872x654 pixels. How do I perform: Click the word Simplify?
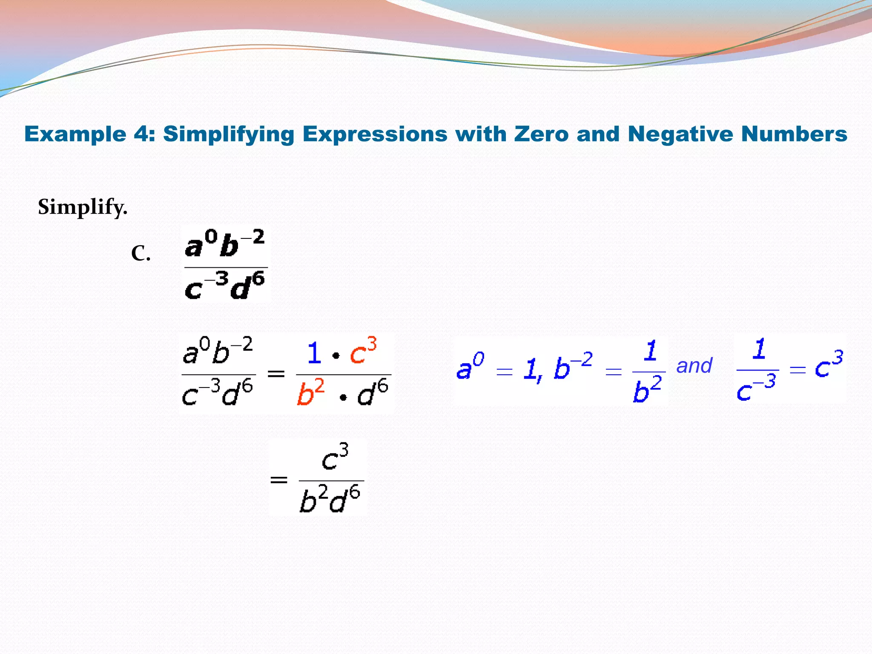click(83, 207)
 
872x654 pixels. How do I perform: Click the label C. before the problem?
click(141, 254)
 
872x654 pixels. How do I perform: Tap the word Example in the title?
click(75, 134)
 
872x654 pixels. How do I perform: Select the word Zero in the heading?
click(541, 134)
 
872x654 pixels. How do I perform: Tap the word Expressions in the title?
click(375, 134)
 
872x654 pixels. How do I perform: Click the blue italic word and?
click(694, 366)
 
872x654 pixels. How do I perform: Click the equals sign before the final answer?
click(279, 480)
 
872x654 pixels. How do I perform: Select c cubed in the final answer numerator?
click(335, 457)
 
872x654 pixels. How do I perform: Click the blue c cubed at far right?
click(829, 365)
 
